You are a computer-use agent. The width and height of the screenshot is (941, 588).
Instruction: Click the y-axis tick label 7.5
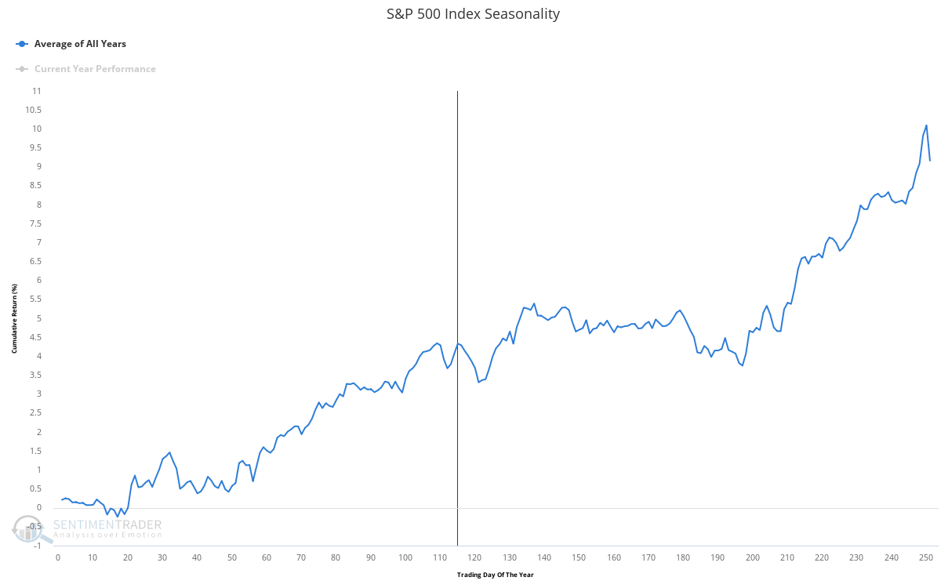point(35,223)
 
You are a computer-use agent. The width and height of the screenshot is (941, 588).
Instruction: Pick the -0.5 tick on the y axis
point(35,527)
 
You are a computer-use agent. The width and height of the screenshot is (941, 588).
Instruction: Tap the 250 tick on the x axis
point(926,557)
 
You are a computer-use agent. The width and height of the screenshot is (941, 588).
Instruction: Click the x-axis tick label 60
point(267,557)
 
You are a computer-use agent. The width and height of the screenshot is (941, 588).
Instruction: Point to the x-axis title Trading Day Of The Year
point(495,575)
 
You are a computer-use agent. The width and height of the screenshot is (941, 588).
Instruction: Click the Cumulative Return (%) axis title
point(13,318)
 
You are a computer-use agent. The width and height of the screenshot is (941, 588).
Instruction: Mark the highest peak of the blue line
point(926,125)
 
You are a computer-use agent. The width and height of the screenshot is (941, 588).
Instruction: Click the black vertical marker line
point(457,314)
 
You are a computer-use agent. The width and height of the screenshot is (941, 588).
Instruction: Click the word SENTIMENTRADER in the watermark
point(107,524)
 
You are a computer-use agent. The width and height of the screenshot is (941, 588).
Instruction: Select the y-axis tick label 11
point(37,91)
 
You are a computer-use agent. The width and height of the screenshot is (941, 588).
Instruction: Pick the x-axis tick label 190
point(718,557)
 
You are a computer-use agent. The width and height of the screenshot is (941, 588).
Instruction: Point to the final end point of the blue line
point(930,161)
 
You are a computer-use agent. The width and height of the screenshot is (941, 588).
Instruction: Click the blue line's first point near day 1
point(61,499)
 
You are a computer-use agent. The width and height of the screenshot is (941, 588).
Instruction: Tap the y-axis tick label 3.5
point(35,375)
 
